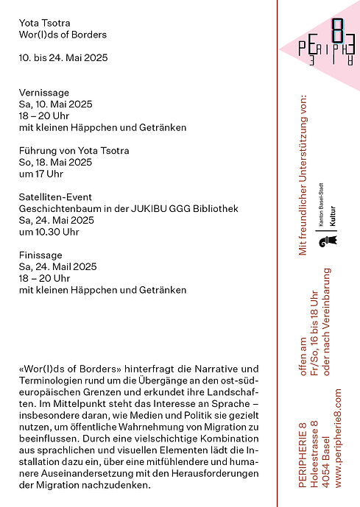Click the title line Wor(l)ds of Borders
pos(63,35)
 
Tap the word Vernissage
pos(44,93)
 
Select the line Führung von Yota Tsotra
pos(74,151)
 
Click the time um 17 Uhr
pos(41,174)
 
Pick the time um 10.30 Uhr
pos(49,232)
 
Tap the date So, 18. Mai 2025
pos(55,163)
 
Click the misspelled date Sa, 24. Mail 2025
pos(57,266)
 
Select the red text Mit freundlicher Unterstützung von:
pos(301,174)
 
